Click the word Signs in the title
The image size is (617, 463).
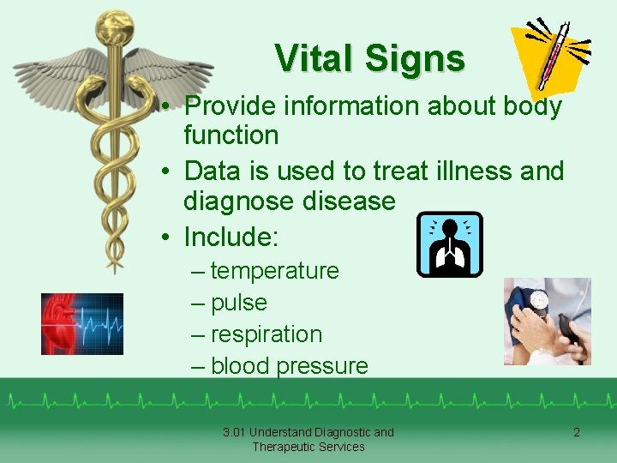[415, 58]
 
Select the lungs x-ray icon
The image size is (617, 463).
[449, 244]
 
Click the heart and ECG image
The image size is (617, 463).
[82, 324]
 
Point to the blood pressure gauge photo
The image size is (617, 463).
[547, 321]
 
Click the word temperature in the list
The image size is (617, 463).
[274, 271]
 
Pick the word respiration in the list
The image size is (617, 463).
[266, 334]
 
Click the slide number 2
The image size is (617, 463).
[576, 433]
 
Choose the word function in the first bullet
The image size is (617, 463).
[231, 135]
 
